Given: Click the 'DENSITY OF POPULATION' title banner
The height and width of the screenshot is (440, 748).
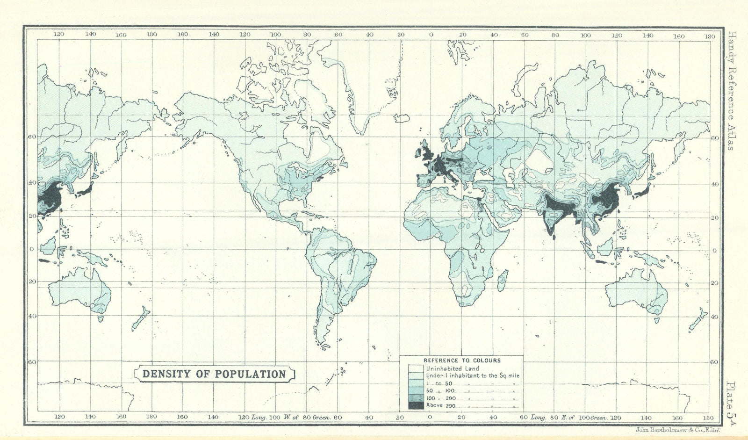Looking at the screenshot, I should [x=214, y=374].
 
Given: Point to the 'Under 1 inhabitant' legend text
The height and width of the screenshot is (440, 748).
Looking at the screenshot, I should [x=473, y=375].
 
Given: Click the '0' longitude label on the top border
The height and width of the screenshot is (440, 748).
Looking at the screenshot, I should [x=431, y=35].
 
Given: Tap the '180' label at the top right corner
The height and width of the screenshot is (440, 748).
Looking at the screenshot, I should [x=709, y=36].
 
